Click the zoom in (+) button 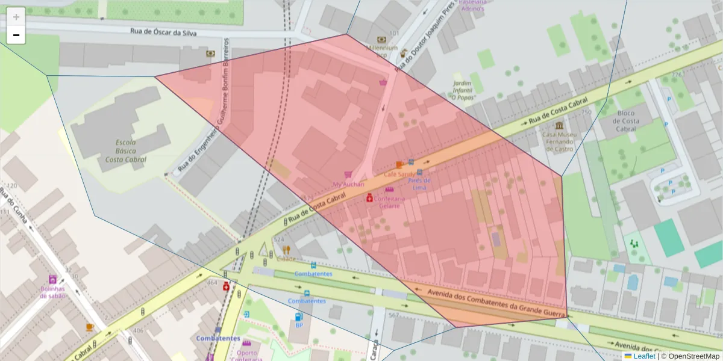pos(16,17)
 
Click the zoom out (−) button pos(16,35)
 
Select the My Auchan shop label pos(348,184)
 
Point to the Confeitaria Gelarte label pos(390,202)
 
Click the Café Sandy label pos(398,173)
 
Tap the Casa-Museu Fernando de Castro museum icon pos(560,126)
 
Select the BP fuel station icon pos(298,316)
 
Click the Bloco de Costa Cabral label pos(625,121)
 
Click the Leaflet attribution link pos(643,356)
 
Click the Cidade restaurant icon pos(286,249)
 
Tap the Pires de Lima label pos(419,184)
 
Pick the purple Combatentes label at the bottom pos(218,338)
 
